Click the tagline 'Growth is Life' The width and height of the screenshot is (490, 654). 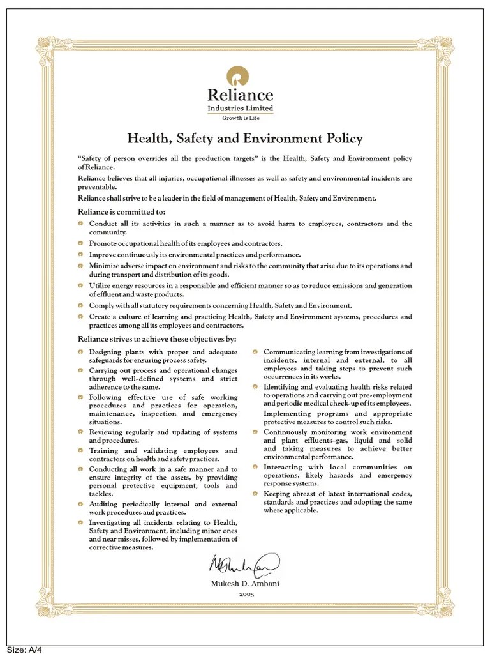coord(241,118)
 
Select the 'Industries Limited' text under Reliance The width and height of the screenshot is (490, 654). coord(241,109)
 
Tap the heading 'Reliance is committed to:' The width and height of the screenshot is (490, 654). coord(121,211)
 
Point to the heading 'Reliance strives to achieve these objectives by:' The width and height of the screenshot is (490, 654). coord(157,339)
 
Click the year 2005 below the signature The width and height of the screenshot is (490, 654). coord(246,594)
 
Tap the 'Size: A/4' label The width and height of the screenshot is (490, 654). coord(24,650)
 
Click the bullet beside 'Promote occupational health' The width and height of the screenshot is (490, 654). coord(81,243)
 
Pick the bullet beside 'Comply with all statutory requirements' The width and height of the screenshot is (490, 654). coord(81,306)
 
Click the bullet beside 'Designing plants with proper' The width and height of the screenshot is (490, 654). coord(81,352)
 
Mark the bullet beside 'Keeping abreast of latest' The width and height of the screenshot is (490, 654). coord(255,494)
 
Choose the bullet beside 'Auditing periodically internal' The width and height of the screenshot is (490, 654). coord(81,504)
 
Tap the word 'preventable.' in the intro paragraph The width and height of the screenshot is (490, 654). coord(98,187)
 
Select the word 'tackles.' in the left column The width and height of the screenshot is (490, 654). coord(101,494)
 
